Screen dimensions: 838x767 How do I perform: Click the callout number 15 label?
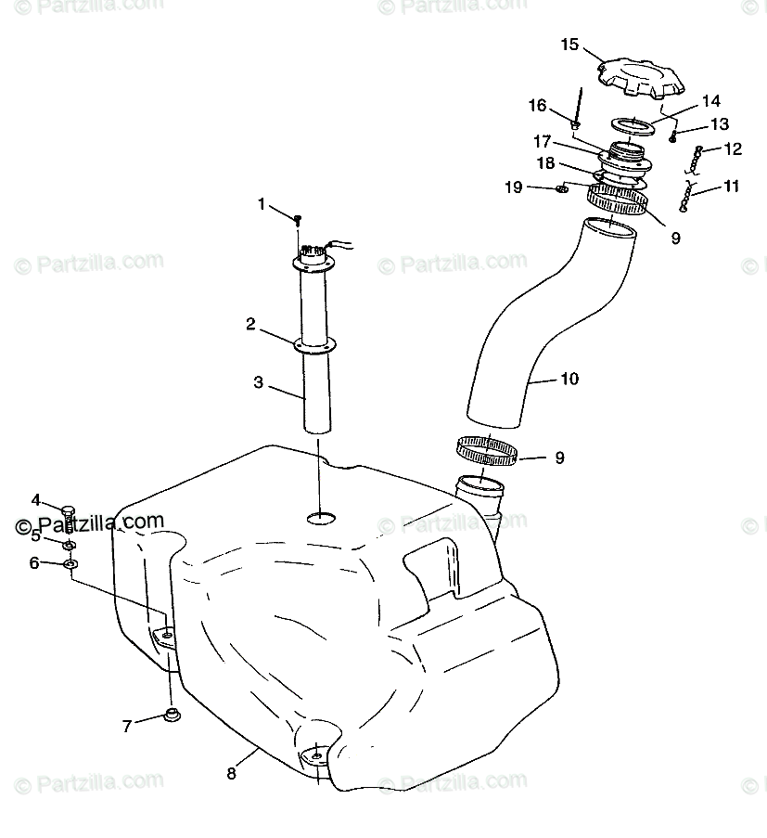pos(569,44)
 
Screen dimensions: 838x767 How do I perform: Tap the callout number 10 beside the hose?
pos(569,379)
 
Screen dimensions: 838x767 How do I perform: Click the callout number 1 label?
pos(262,203)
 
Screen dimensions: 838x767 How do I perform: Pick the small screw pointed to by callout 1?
pos(298,220)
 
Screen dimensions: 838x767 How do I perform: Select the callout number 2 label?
pos(250,324)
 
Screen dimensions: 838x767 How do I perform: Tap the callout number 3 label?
pos(259,381)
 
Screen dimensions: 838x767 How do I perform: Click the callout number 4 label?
pos(35,500)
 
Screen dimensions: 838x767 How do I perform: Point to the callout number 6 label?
pos(35,562)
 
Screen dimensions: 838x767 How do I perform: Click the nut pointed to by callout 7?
pos(171,715)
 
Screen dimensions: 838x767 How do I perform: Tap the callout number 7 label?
pos(127,726)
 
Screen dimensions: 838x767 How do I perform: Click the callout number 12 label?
pos(733,148)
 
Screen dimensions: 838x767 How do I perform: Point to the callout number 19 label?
pos(514,187)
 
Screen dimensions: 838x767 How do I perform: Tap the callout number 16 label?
pos(538,106)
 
